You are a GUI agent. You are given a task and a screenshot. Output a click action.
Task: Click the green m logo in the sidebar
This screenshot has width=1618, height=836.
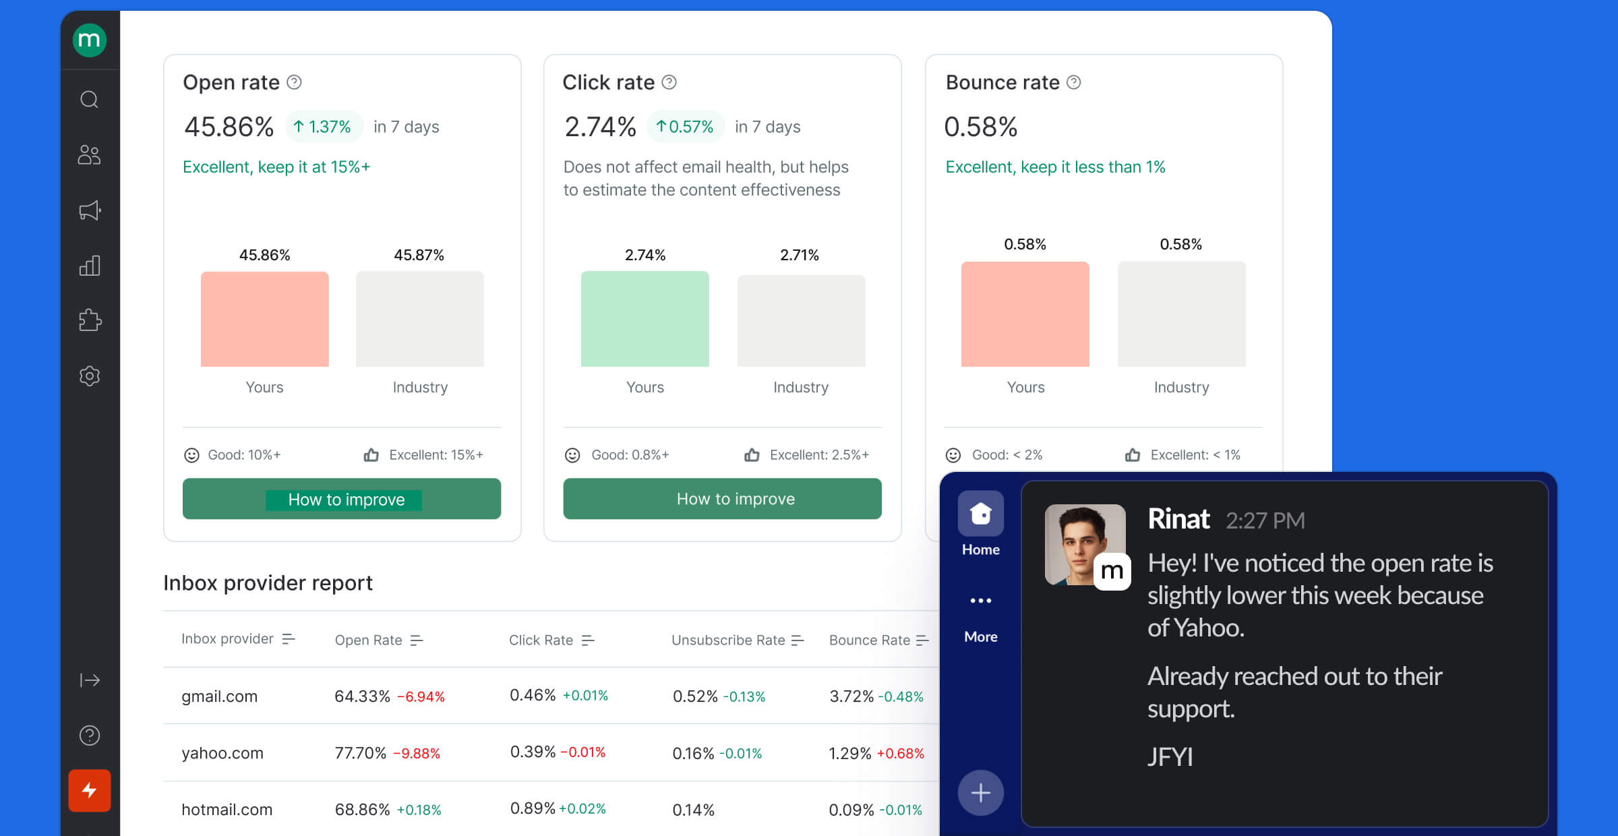[x=90, y=40]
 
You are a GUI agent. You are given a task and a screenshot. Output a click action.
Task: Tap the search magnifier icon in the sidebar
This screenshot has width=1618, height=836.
[x=90, y=100]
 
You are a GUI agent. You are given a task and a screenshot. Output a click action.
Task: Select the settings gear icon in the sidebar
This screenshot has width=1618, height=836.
[x=90, y=376]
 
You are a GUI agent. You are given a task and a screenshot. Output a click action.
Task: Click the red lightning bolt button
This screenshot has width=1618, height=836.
[x=90, y=790]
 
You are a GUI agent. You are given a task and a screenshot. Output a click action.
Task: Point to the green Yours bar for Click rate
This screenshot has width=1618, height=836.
[x=645, y=319]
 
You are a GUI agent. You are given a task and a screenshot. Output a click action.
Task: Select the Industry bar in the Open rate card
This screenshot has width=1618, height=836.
[x=419, y=319]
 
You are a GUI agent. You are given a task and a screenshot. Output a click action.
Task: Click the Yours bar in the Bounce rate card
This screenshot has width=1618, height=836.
[x=1025, y=314]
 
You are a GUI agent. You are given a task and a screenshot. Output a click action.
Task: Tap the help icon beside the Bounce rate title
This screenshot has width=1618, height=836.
[x=1074, y=82]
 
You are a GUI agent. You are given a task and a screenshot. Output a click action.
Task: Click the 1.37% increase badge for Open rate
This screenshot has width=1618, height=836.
[x=324, y=127]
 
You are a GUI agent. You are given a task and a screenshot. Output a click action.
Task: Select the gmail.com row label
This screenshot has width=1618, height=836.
[x=219, y=696]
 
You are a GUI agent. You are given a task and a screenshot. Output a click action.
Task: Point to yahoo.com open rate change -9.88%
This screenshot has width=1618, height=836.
[x=417, y=753]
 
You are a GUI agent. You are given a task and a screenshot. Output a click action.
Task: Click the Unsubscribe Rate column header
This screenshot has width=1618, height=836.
[x=728, y=640]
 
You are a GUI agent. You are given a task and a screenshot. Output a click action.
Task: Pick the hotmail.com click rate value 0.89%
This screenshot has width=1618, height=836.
[x=532, y=808]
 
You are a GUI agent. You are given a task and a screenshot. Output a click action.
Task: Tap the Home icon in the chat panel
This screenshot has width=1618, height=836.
[x=980, y=514]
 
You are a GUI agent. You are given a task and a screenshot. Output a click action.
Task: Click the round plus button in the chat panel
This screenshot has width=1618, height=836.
[x=980, y=793]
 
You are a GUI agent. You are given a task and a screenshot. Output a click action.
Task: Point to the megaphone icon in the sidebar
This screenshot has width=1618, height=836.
[x=90, y=210]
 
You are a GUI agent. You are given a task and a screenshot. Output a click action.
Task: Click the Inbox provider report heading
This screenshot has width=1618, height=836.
[x=268, y=583]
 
